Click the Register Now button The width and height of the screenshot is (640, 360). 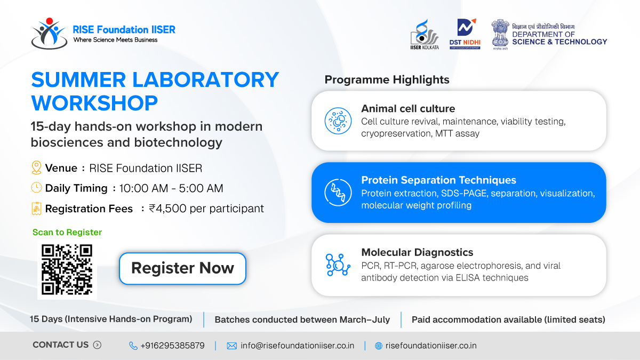click(x=182, y=268)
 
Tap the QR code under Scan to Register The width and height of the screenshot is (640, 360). click(x=67, y=269)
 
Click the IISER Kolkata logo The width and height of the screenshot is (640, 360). click(x=425, y=34)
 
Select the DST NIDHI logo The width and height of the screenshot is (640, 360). click(x=465, y=34)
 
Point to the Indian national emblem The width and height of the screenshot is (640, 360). click(x=500, y=34)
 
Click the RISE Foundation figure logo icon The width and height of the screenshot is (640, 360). click(x=49, y=33)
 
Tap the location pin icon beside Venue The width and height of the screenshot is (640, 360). click(x=36, y=167)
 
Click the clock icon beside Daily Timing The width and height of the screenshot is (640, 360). click(x=36, y=188)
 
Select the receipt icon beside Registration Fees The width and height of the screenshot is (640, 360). click(x=36, y=209)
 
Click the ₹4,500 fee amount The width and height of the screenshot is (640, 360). click(x=167, y=209)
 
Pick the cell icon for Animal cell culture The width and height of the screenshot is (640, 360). click(x=338, y=121)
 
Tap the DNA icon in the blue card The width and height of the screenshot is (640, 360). click(x=338, y=193)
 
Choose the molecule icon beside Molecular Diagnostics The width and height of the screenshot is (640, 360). click(x=338, y=265)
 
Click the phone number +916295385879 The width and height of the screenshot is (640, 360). click(x=173, y=346)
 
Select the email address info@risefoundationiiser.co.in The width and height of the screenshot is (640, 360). click(x=298, y=346)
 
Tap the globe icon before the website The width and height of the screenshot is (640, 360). click(x=379, y=346)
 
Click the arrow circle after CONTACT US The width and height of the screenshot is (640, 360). click(x=97, y=345)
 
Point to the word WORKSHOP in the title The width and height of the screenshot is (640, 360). click(x=94, y=103)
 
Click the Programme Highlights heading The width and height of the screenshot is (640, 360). click(x=387, y=79)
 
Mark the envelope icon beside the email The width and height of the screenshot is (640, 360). click(x=231, y=346)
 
